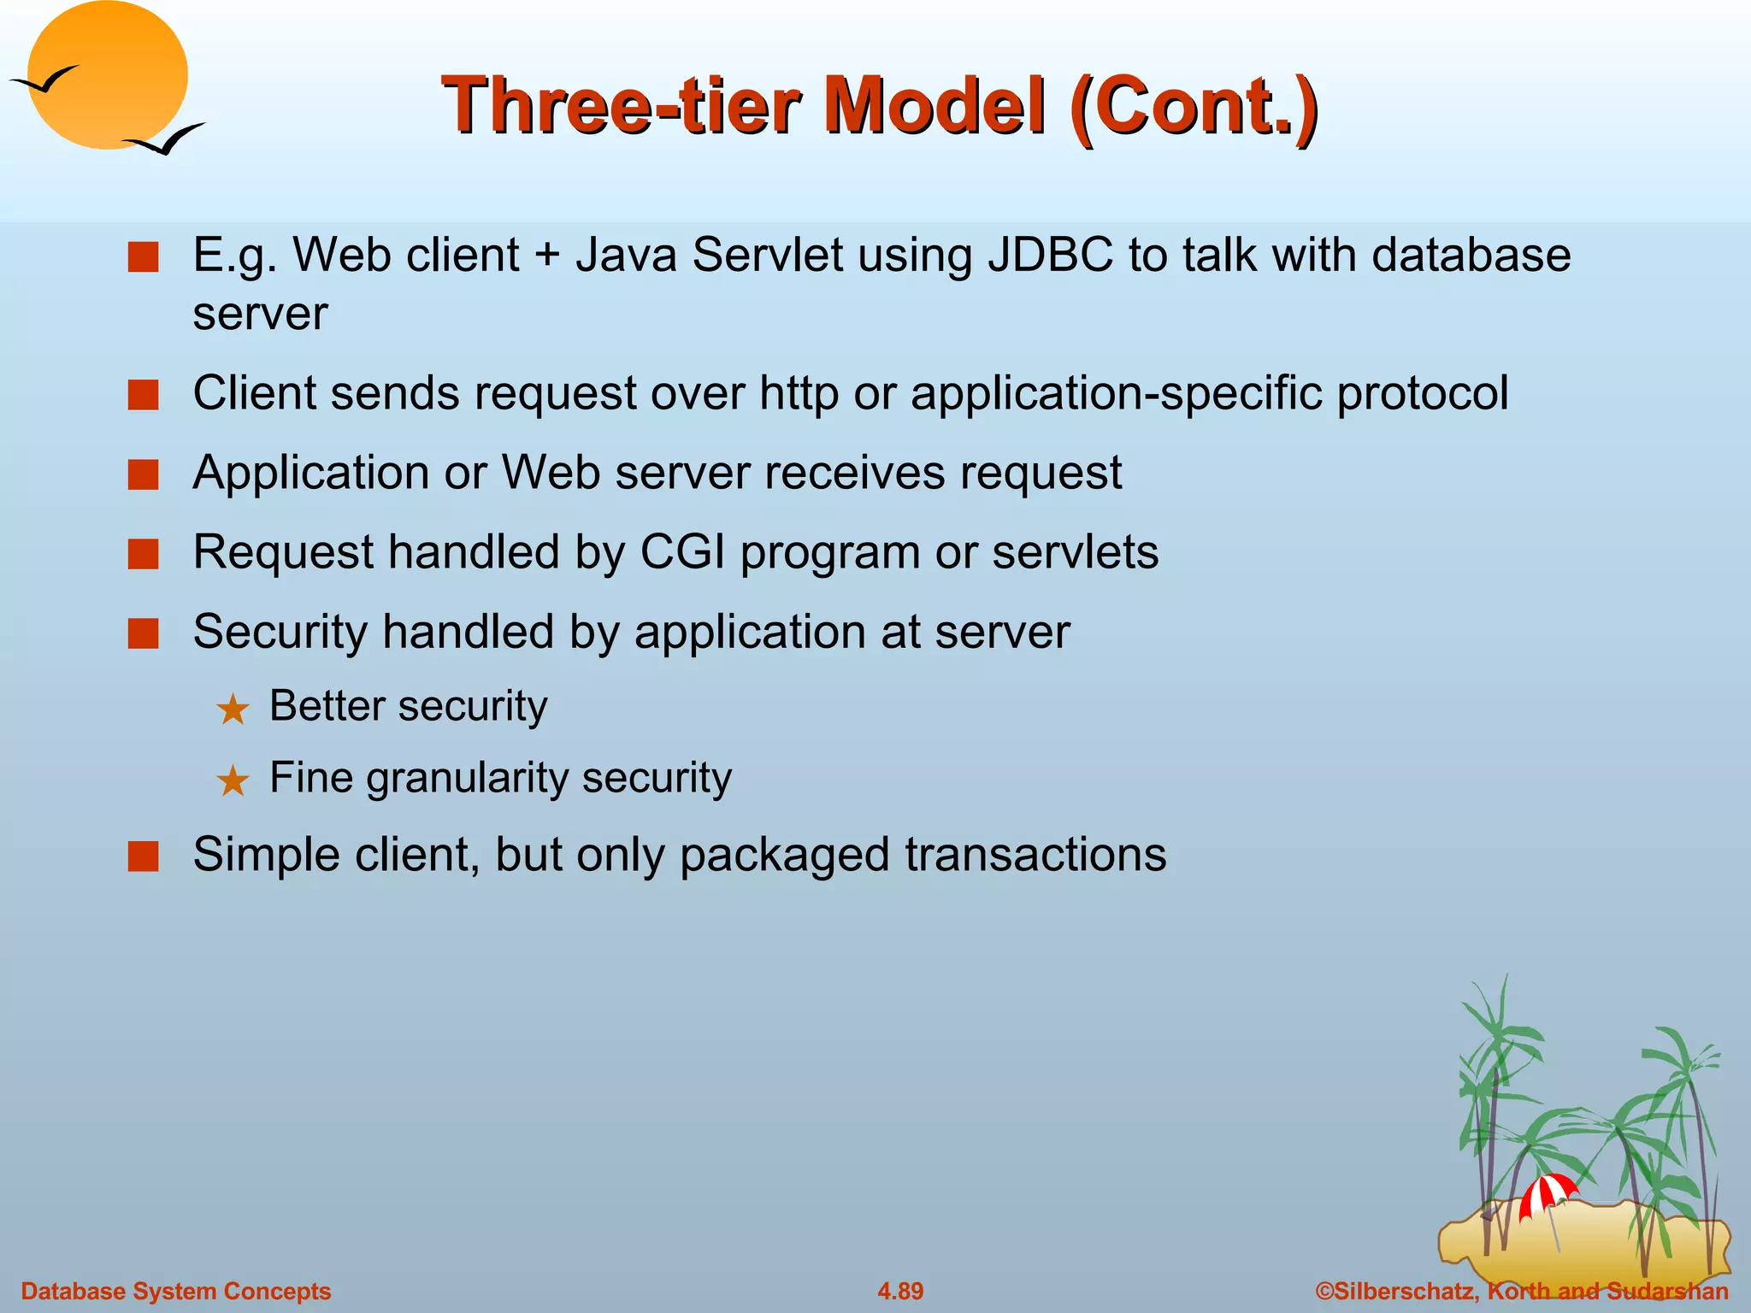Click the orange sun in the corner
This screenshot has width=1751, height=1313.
107,75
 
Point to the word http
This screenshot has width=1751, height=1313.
799,394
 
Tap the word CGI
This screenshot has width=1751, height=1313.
682,551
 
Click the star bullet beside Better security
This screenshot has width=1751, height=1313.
233,709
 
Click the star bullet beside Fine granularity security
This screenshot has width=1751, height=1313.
233,780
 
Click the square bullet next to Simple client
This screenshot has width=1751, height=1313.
144,856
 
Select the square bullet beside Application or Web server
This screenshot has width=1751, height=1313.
144,474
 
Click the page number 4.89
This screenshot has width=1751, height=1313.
899,1291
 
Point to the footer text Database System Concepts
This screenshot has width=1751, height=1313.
175,1291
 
